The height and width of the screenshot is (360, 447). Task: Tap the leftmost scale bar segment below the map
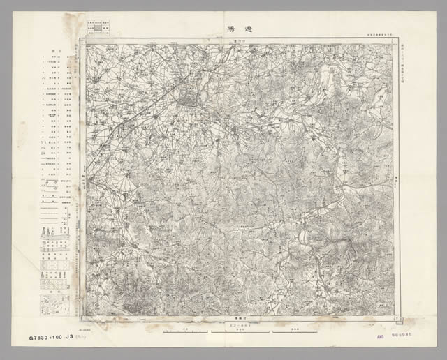(184, 330)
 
